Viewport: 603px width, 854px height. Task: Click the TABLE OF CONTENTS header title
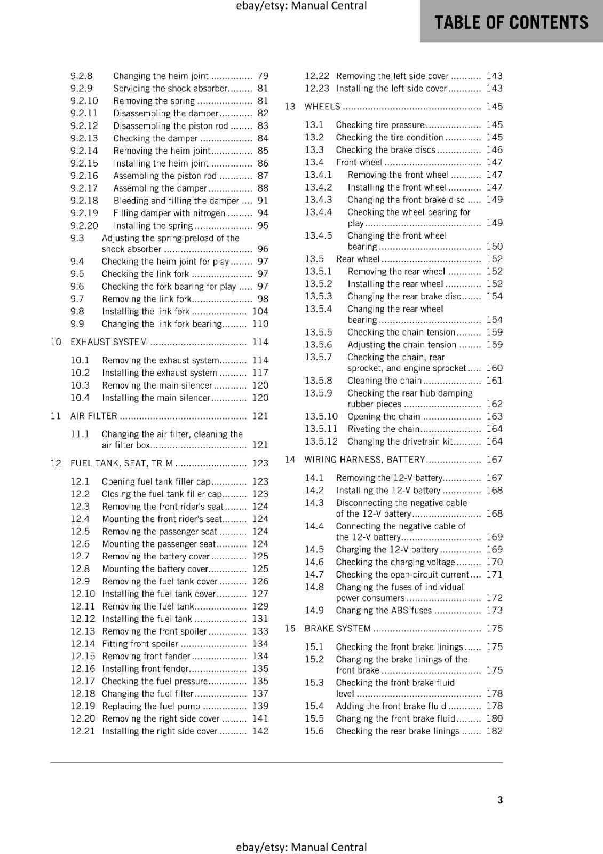click(511, 22)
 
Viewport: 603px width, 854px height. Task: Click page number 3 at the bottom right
click(499, 800)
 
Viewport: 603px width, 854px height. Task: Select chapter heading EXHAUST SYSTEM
click(108, 342)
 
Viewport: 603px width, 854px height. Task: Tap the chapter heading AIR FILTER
click(93, 416)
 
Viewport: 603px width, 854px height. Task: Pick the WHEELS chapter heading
click(322, 107)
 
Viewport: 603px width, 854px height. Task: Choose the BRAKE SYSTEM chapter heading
click(337, 629)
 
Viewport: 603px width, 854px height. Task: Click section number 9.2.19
click(84, 213)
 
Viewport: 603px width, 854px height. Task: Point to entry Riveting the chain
click(383, 429)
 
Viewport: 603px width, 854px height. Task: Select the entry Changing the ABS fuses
click(383, 611)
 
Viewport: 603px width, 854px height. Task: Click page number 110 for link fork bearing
click(260, 324)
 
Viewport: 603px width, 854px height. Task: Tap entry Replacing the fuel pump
click(150, 706)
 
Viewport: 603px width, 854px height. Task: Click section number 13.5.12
click(321, 441)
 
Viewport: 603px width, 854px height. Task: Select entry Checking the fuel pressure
click(154, 681)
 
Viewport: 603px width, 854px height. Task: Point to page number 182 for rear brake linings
click(494, 731)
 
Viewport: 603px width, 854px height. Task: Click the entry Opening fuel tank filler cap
click(156, 481)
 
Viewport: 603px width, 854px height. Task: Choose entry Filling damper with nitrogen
click(169, 213)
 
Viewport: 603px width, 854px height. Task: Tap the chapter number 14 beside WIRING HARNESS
click(290, 460)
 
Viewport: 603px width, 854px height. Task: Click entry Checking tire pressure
click(380, 125)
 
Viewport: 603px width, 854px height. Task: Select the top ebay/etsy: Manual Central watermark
click(301, 6)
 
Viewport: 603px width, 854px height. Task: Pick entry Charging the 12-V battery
click(387, 550)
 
